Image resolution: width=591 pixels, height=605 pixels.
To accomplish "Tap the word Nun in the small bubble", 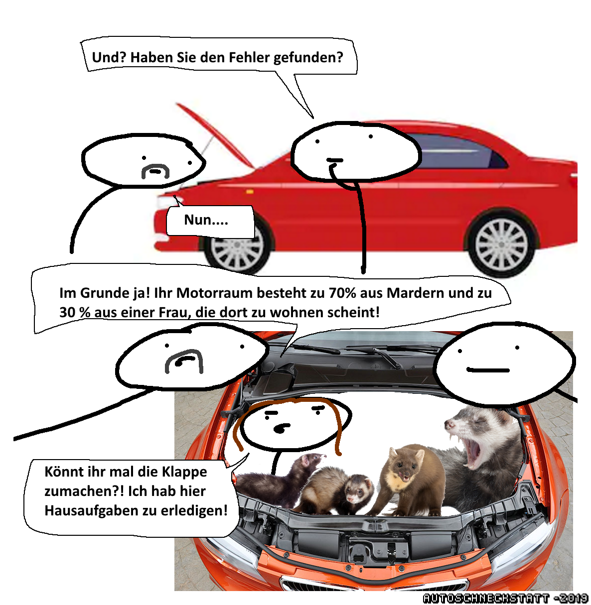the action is coord(198,220).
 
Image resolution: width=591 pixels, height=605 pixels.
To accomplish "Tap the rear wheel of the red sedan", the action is coord(502,244).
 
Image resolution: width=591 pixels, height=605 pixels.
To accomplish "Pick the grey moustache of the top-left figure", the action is coord(155,171).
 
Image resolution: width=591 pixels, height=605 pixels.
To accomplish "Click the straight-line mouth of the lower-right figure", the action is coord(488,370).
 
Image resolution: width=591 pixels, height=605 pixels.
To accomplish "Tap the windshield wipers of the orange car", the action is coord(367,352).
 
